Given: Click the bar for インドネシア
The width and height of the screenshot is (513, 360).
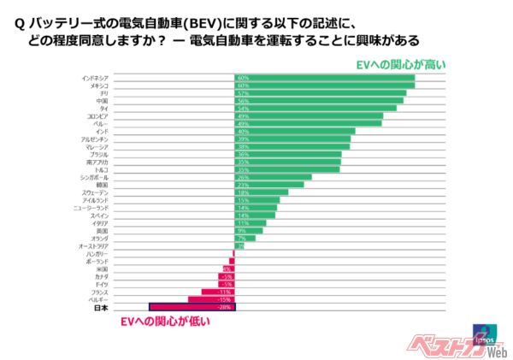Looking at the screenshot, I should coord(324,78).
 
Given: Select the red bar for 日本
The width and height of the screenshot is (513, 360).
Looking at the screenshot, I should coord(192,307).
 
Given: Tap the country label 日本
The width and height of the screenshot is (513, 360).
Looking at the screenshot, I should coord(100,307).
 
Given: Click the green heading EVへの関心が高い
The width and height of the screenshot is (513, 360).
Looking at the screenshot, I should coord(398,64).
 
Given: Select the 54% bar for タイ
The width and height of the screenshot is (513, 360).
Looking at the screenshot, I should coord(315,109).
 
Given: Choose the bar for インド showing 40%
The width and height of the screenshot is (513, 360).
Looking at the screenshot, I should coord(294,132).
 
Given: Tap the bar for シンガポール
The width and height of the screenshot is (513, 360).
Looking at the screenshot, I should coord(273,177).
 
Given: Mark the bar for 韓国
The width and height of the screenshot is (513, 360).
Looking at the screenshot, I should coord(268,185).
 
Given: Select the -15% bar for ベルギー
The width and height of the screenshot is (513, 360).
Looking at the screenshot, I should coord(211,299).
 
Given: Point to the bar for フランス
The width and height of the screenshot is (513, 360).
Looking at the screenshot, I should coord(217,292).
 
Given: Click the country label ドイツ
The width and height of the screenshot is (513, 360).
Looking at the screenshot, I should coord(100,284).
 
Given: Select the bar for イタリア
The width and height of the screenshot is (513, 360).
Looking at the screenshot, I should coord(250,223).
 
